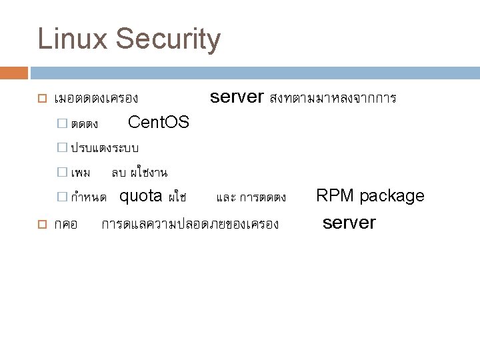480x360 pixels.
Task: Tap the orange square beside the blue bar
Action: tap(19, 73)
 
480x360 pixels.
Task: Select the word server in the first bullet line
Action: tap(237, 97)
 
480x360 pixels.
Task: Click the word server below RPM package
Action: tap(349, 222)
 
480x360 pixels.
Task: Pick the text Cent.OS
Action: tap(158, 123)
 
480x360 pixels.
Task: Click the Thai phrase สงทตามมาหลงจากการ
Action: tap(333, 99)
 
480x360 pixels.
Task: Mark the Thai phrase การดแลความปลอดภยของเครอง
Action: tap(189, 223)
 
